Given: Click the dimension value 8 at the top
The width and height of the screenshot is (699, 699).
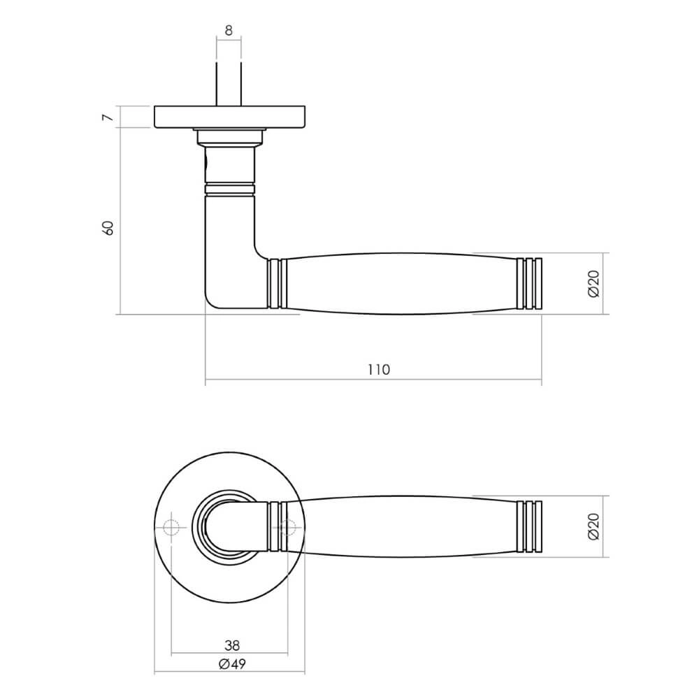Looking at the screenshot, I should pyautogui.click(x=229, y=30).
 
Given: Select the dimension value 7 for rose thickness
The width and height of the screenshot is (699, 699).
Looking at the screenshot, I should pyautogui.click(x=107, y=117).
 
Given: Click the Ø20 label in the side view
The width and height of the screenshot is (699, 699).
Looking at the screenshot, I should pyautogui.click(x=593, y=283).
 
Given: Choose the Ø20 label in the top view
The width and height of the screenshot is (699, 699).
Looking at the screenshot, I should pyautogui.click(x=593, y=526).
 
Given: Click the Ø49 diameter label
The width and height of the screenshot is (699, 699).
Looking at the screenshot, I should pyautogui.click(x=231, y=664).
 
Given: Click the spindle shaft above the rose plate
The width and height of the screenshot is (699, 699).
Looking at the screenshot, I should pyautogui.click(x=229, y=84).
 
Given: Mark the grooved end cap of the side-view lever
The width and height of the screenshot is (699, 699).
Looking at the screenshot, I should pyautogui.click(x=529, y=283).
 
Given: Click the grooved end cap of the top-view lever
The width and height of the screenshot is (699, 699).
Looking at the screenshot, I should pyautogui.click(x=529, y=526).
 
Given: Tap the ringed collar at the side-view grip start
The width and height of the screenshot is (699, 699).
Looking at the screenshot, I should pyautogui.click(x=278, y=283).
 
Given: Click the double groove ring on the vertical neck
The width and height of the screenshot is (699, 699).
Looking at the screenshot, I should pyautogui.click(x=229, y=187).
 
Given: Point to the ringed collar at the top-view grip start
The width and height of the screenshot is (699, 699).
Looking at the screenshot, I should pyautogui.click(x=278, y=526).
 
